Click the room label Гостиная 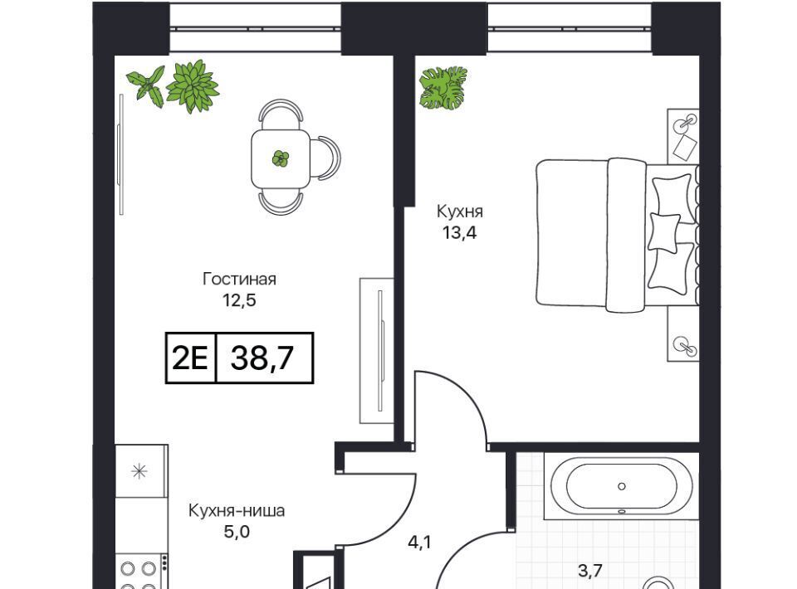pyautogui.click(x=239, y=279)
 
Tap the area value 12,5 pyautogui.click(x=239, y=300)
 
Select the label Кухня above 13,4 pyautogui.click(x=459, y=212)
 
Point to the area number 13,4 pyautogui.click(x=459, y=233)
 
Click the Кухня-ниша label pyautogui.click(x=237, y=510)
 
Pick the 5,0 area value pyautogui.click(x=237, y=532)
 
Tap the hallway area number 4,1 pyautogui.click(x=419, y=543)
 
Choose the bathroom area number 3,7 pyautogui.click(x=590, y=572)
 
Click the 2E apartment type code pyautogui.click(x=190, y=358)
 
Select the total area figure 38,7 pyautogui.click(x=262, y=358)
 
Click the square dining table pyautogui.click(x=281, y=158)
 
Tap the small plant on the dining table pyautogui.click(x=281, y=158)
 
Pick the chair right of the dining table pyautogui.click(x=325, y=158)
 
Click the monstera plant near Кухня pyautogui.click(x=442, y=88)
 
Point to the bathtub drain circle pyautogui.click(x=621, y=486)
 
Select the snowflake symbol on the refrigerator pyautogui.click(x=139, y=472)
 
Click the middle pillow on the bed pyautogui.click(x=664, y=232)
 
